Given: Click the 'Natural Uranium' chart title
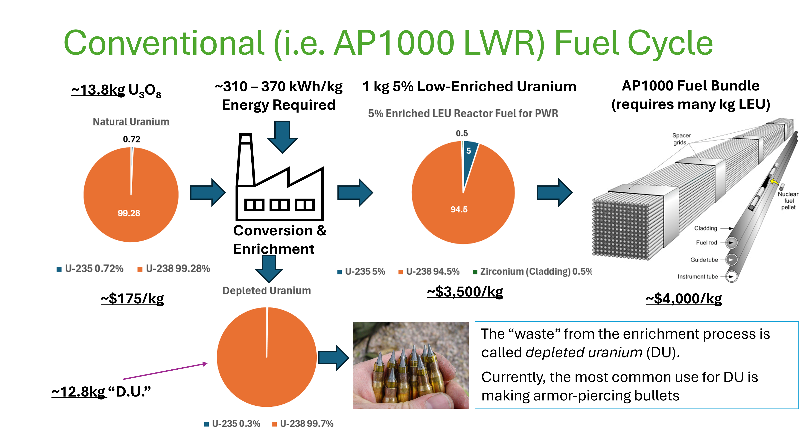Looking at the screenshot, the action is click(x=131, y=122).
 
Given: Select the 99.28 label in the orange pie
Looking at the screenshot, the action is click(x=129, y=213).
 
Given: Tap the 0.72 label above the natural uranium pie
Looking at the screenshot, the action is click(x=132, y=139).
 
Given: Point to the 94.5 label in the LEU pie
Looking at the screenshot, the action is click(x=459, y=209).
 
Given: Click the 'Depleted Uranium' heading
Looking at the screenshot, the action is click(x=267, y=291).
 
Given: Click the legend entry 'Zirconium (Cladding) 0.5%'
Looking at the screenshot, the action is click(x=532, y=271).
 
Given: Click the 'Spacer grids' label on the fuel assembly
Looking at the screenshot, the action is click(x=681, y=139).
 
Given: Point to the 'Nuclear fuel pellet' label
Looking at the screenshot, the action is click(x=788, y=200).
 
